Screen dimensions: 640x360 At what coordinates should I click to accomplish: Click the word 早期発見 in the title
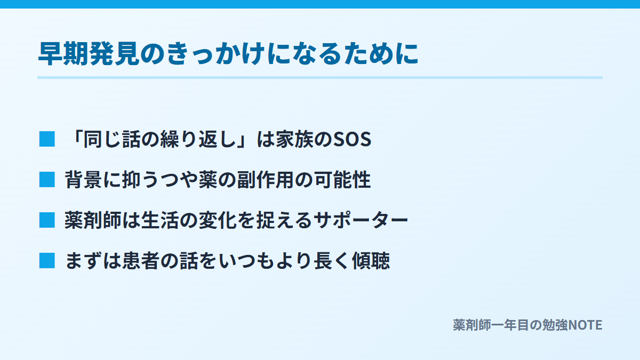pos(89,53)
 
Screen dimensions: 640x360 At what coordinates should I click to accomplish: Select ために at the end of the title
pos(381,53)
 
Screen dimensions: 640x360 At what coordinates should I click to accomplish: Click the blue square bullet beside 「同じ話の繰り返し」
pos(47,139)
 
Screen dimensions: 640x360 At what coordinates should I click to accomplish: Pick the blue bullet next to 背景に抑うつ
pos(47,179)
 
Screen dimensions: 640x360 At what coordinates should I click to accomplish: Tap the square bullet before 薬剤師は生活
pos(47,220)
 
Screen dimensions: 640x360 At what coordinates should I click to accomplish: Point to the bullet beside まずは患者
pos(47,261)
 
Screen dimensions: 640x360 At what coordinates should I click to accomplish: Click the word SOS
pos(352,139)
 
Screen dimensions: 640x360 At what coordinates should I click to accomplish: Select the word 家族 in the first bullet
pos(294,139)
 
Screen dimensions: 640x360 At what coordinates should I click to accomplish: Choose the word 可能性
pos(342,180)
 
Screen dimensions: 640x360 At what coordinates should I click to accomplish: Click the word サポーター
pos(361,220)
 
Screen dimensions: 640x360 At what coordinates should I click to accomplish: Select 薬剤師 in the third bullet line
pos(93,220)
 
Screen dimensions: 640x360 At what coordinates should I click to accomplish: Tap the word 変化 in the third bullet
pos(218,220)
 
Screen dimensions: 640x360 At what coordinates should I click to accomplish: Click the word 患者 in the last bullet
pos(141,261)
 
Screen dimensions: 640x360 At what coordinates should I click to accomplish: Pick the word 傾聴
pos(371,261)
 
